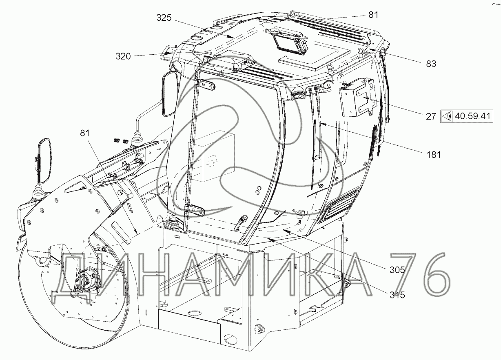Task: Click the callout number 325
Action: point(164,18)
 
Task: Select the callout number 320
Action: point(123,56)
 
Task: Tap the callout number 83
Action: point(431,64)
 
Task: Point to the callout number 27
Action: point(431,116)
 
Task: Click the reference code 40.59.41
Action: point(472,116)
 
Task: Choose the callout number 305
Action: point(397,270)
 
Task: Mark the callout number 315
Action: point(397,295)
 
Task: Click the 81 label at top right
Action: point(373,15)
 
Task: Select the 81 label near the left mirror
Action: point(85,133)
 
